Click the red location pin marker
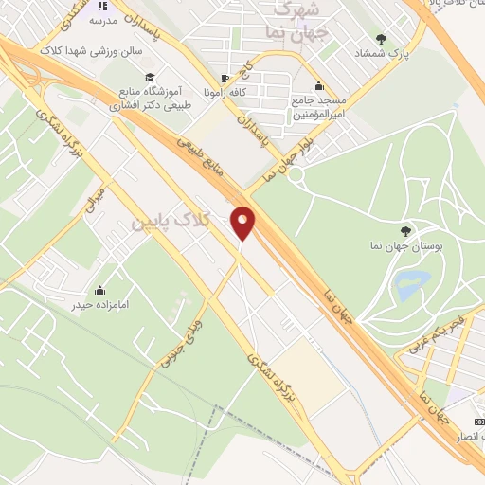coord(243,224)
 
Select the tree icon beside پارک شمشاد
coord(381,40)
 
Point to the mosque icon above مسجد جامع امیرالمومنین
coord(319,84)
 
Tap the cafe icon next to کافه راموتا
coord(225,79)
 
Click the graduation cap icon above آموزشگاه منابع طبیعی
coord(149,78)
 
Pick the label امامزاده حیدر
coord(99,305)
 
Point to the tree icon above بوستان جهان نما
coord(406,229)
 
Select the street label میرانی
coord(99,198)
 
